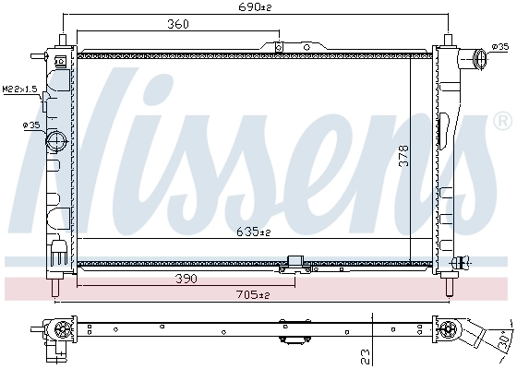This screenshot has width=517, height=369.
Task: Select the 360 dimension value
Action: (x=178, y=25)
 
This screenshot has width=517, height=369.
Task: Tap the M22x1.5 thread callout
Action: (x=18, y=89)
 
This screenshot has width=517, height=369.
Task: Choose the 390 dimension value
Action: (x=185, y=278)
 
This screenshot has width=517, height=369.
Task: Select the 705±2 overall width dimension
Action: (x=251, y=295)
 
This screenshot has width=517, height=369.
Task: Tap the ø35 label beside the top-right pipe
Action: (x=500, y=46)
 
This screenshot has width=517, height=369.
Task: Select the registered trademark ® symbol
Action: (x=502, y=121)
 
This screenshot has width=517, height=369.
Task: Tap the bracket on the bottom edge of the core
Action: (x=296, y=263)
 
